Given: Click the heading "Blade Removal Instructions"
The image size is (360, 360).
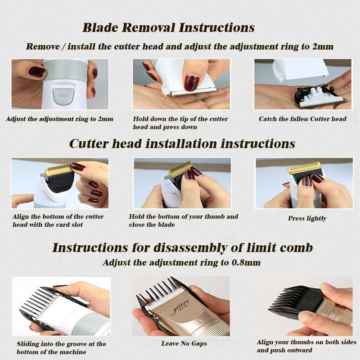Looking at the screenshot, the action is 168,28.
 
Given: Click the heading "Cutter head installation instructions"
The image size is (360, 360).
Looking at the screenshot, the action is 182,144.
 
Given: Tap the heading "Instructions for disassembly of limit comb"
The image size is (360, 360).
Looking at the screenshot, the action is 183,247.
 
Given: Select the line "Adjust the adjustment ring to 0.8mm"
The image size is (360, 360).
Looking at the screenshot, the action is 182,262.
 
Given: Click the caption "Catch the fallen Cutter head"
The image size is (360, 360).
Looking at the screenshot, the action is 302,119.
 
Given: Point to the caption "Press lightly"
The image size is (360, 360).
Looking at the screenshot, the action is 307,218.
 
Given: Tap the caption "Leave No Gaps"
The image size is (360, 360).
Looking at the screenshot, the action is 184,343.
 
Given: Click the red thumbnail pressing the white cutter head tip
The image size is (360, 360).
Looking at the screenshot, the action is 192,82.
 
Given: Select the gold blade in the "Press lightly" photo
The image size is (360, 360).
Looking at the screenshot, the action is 305,167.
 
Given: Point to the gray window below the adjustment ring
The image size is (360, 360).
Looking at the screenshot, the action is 63,94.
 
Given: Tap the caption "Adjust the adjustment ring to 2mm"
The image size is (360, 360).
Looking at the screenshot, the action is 60,119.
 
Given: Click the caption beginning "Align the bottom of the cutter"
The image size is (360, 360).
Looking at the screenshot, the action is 58,220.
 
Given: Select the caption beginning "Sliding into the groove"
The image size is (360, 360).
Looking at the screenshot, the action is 62,348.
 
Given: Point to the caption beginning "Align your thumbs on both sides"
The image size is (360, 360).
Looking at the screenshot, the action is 306,346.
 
